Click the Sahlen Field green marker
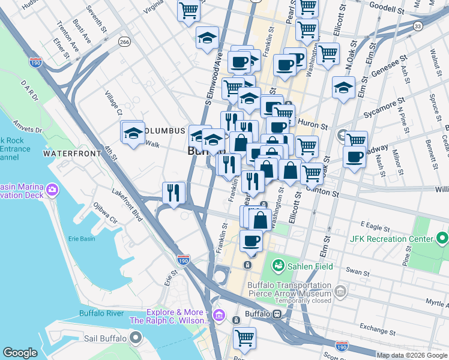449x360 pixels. click(278, 265)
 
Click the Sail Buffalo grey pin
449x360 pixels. click(136, 339)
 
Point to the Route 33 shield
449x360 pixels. click(418, 25)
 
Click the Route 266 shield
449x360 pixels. click(124, 42)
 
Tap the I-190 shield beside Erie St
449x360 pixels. click(184, 260)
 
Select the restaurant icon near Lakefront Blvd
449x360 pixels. click(173, 193)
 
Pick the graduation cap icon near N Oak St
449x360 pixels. click(343, 88)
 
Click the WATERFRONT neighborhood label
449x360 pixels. click(73, 154)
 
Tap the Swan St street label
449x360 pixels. click(358, 272)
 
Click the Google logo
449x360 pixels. click(20, 353)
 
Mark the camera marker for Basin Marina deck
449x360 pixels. click(53, 190)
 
